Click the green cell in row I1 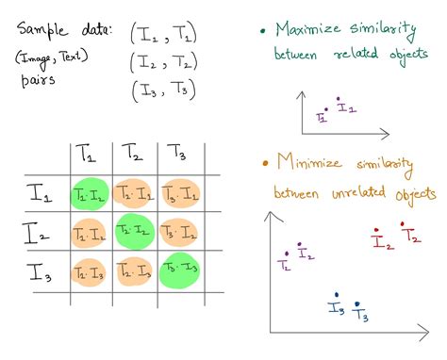click(90, 193)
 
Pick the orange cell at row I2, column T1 click(90, 231)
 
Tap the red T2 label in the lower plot click(411, 237)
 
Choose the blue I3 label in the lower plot click(335, 308)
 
